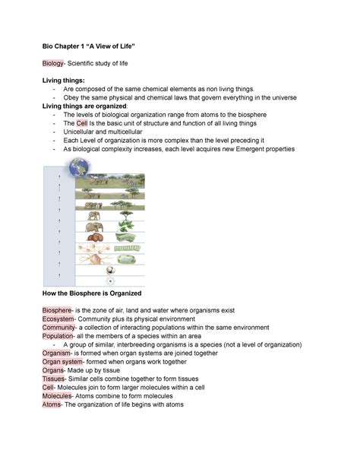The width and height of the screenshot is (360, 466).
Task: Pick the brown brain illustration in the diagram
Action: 96,236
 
